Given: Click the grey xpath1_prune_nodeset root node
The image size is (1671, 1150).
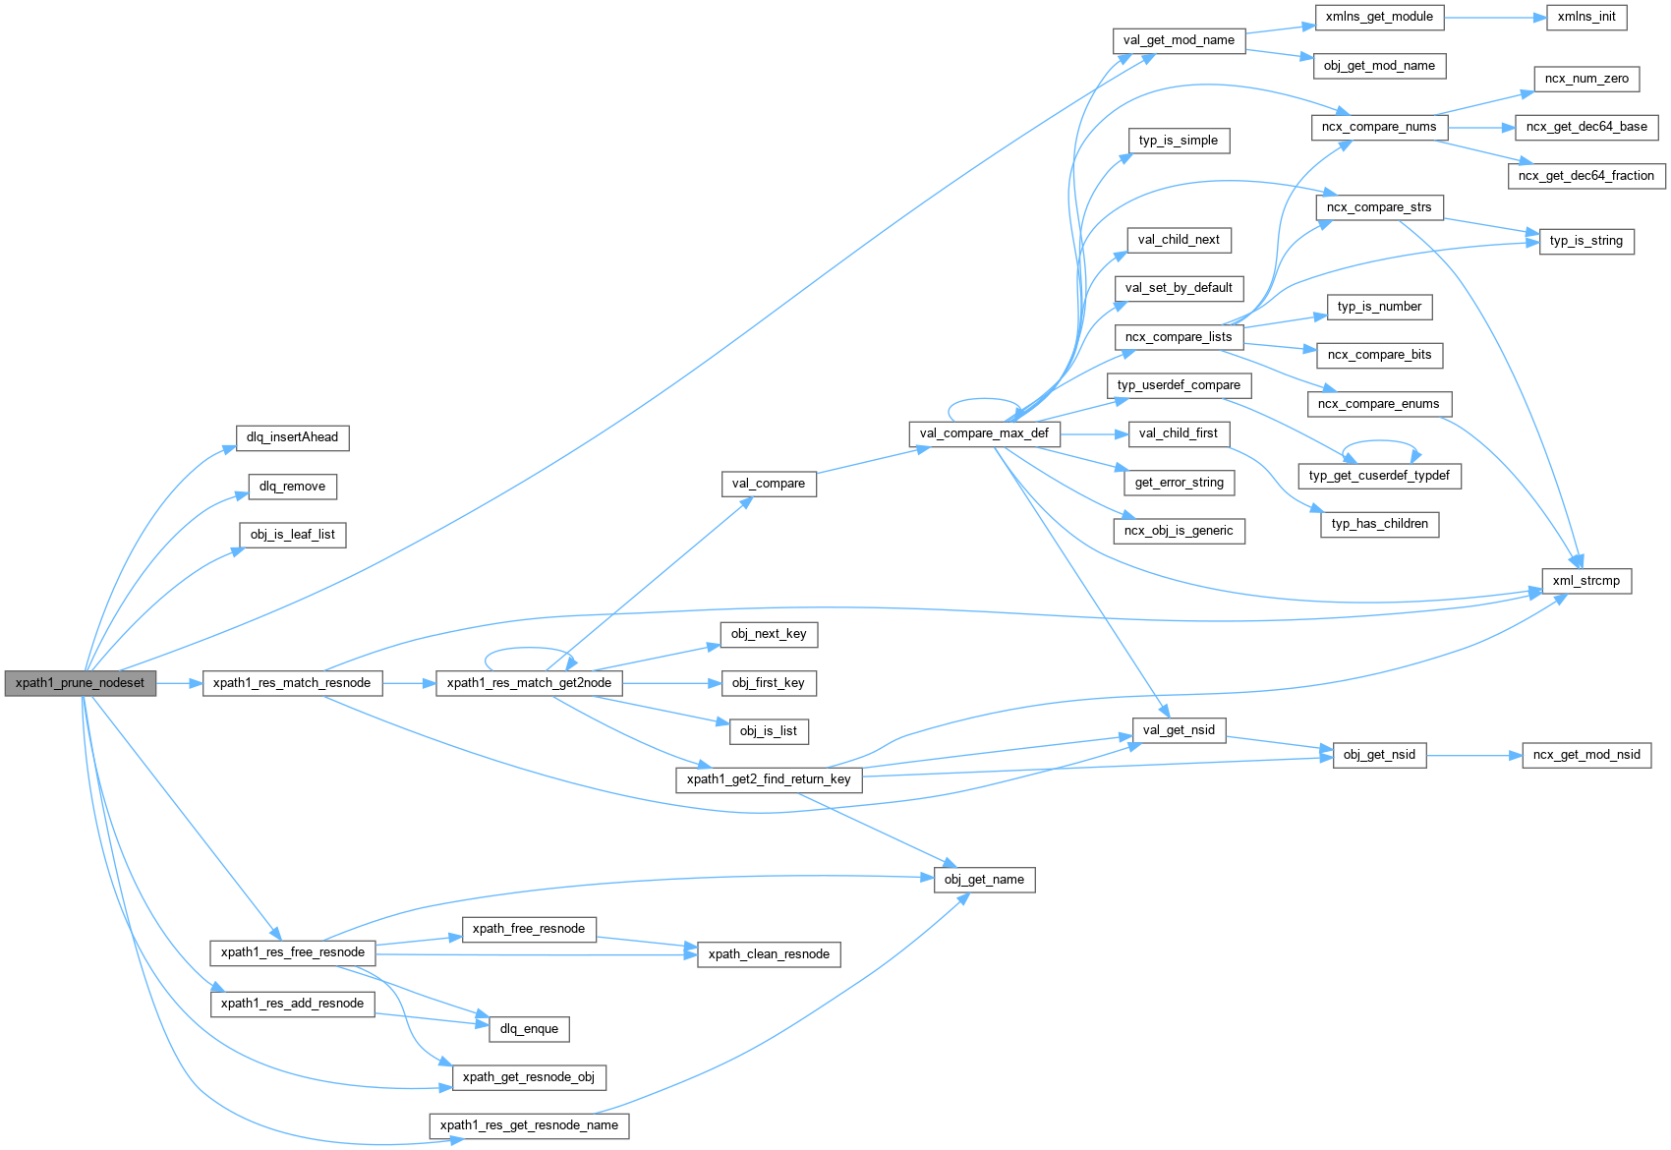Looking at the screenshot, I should point(80,683).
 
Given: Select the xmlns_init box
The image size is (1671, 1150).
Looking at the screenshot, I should point(1586,17).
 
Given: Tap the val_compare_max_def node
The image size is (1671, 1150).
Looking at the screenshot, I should point(984,433).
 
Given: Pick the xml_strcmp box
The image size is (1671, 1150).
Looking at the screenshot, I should point(1585,581).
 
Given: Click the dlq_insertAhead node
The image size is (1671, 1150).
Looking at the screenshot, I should point(292,437).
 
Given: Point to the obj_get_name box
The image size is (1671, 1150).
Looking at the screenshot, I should point(984,880).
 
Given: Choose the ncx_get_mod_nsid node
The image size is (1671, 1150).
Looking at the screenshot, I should point(1586,755).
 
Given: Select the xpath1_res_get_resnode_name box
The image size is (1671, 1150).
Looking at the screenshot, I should point(529,1125).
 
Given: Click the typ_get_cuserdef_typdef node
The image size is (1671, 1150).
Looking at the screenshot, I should point(1379,476).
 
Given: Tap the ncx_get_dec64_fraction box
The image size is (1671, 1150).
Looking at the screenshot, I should point(1585,176).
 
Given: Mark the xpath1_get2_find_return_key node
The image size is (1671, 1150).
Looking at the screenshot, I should point(769,779).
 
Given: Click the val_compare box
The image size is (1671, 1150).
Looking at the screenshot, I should point(769,484).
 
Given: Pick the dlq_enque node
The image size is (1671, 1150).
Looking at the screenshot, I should point(529,1029).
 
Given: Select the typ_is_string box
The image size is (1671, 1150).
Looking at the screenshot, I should point(1585,241).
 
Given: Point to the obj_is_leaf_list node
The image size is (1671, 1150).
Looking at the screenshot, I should point(292,535).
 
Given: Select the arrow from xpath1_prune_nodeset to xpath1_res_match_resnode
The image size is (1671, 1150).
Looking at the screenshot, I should point(179,683).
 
